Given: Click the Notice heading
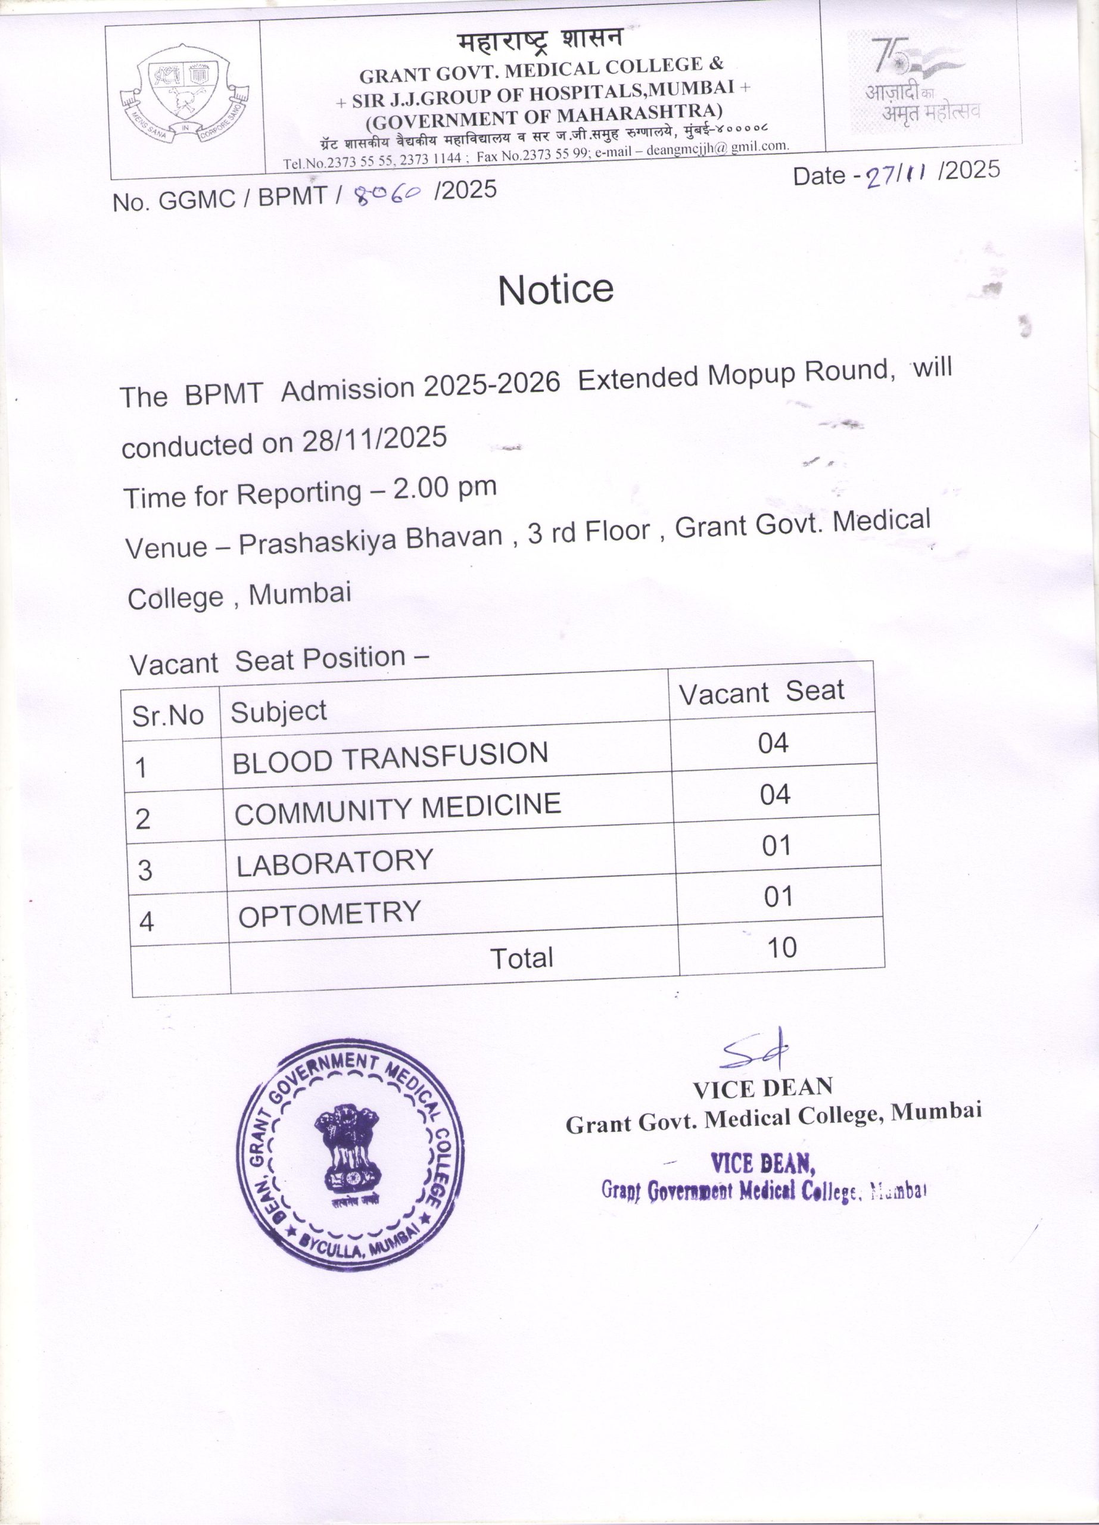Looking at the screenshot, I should [x=555, y=290].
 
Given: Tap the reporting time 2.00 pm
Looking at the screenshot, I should [x=444, y=488].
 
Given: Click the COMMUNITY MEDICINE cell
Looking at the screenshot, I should [x=397, y=809].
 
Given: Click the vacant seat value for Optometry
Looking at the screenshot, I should [x=778, y=897].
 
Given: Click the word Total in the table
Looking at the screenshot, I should [x=521, y=958].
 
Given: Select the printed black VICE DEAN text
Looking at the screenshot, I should [x=762, y=1088].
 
